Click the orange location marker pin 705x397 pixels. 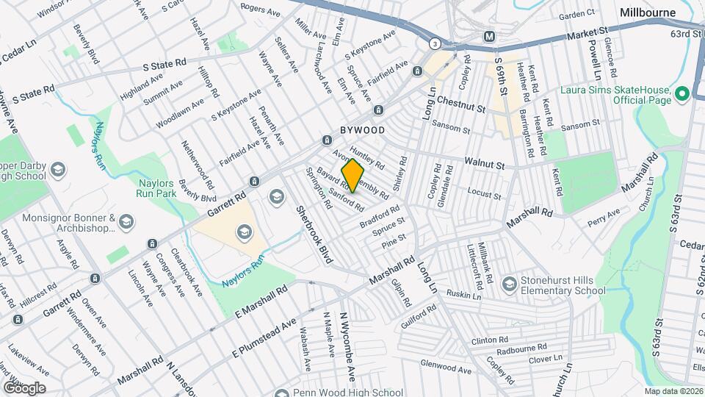pos(352,175)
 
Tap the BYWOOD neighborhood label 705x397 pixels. pos(362,130)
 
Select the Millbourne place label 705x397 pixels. pos(647,12)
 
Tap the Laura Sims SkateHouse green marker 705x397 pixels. pos(681,93)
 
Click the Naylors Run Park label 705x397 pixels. pos(154,190)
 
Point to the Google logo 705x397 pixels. pos(23,387)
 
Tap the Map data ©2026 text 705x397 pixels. pos(673,391)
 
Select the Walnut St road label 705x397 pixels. pos(484,163)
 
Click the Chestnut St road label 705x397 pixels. pos(461,104)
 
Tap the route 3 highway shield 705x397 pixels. pos(435,43)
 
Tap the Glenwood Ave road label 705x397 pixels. pos(446,371)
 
